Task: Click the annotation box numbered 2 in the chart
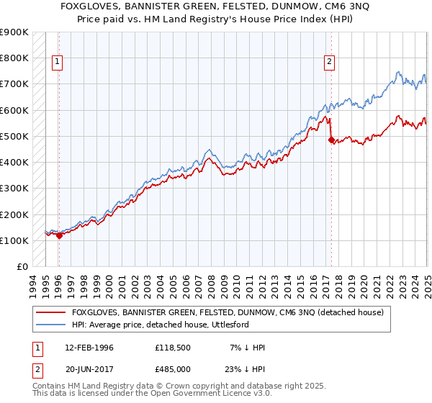[x=329, y=63]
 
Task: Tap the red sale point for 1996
[x=59, y=235]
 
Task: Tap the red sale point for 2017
[x=331, y=140]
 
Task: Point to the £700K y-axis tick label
[x=15, y=84]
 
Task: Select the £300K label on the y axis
[x=15, y=189]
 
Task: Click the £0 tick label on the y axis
[x=22, y=266]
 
